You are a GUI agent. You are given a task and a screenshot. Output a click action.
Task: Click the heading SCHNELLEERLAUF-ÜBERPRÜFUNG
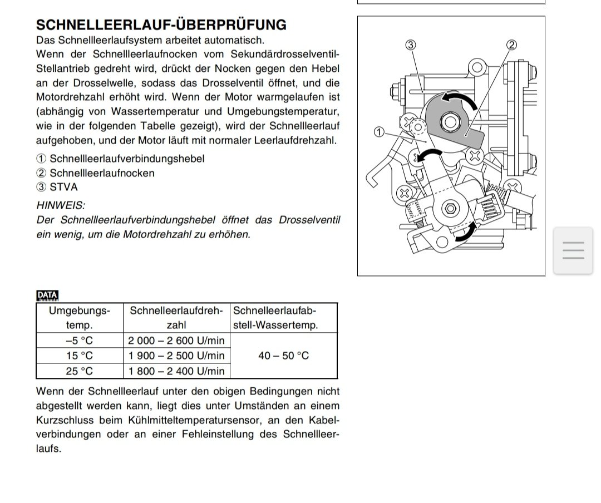161,25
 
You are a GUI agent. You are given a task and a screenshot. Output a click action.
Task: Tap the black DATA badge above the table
47,296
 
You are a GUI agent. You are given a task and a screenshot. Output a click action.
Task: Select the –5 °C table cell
80,341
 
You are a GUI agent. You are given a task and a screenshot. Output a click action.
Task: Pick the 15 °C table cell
80,356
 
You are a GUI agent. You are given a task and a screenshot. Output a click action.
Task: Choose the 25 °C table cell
80,371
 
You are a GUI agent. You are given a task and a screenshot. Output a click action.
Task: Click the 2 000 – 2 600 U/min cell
176,341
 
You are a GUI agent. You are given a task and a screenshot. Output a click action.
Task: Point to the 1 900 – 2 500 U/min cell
176,356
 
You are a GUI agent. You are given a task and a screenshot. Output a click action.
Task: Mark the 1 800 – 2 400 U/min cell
176,371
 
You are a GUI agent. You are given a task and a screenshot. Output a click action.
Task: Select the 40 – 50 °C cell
284,356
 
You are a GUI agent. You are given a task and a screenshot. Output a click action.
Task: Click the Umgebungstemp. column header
80,318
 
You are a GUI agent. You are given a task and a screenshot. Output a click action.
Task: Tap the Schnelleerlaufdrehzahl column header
176,318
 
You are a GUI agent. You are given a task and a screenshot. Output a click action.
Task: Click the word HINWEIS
61,205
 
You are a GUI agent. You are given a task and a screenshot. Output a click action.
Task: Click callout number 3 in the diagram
411,45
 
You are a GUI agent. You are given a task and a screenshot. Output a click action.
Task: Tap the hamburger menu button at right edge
573,250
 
